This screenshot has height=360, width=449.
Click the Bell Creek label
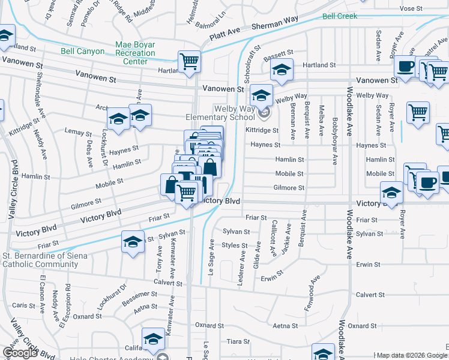tap(340, 16)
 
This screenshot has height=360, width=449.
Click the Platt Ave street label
tap(227, 36)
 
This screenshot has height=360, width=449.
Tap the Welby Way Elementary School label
tap(224, 112)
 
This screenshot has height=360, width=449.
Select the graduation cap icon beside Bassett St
tap(281, 70)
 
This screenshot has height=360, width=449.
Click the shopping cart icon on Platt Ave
tap(188, 61)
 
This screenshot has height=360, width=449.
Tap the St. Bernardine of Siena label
tap(45, 256)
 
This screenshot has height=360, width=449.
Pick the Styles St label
tap(235, 245)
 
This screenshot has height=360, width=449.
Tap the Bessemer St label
tap(145, 295)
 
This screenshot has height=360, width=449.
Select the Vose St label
tap(411, 8)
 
